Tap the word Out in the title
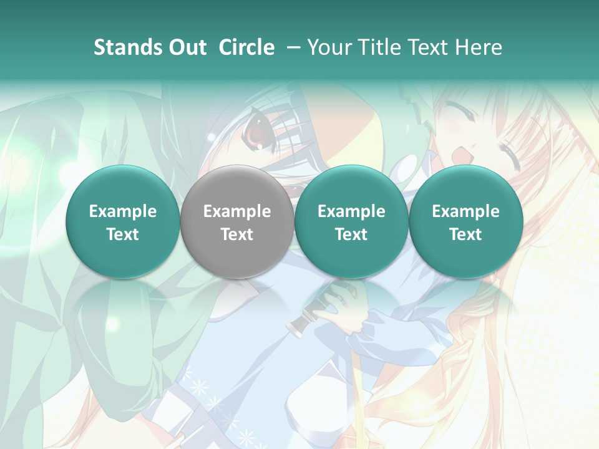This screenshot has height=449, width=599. click(186, 47)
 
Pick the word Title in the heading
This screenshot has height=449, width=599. click(379, 47)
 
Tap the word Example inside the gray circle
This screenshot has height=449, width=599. click(236, 211)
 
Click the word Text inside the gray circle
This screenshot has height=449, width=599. click(236, 234)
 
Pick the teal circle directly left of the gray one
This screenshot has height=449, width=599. click(122, 222)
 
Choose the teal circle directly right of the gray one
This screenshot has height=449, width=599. click(351, 222)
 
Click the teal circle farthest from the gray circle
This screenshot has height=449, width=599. click(465, 222)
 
